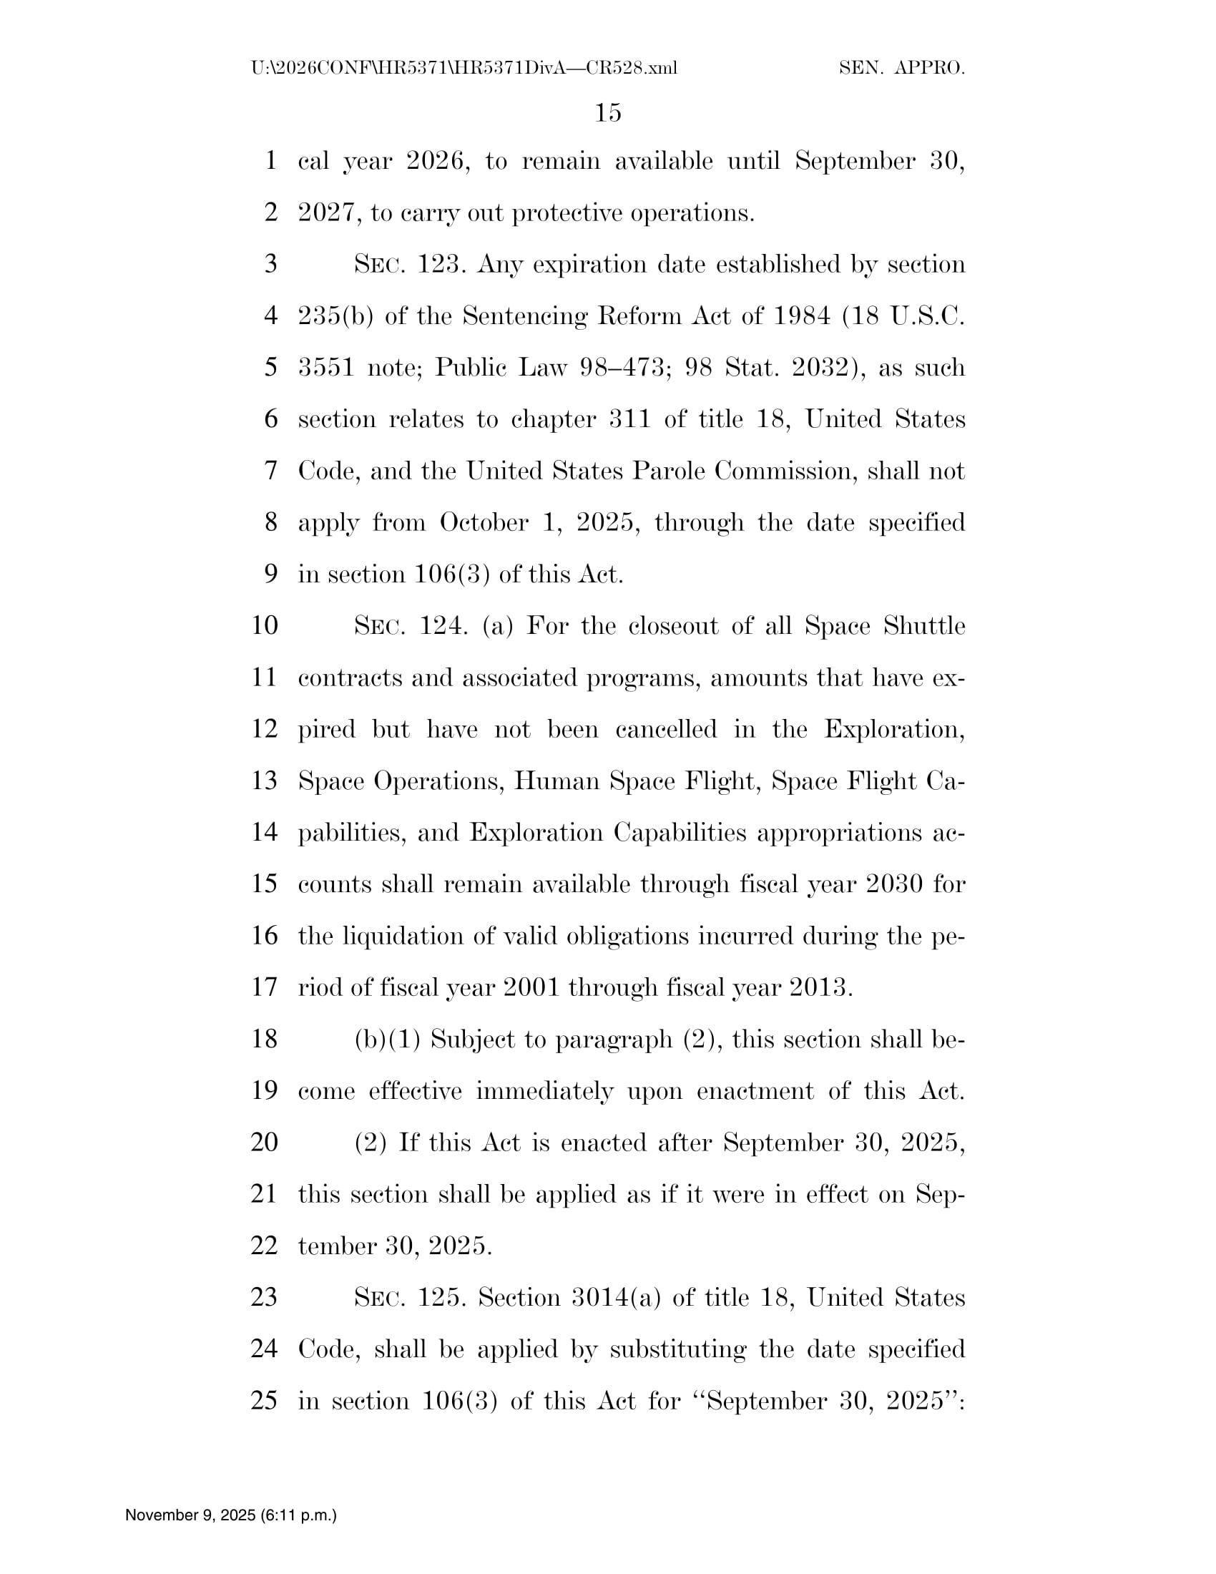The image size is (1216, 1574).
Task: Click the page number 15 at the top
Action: click(608, 112)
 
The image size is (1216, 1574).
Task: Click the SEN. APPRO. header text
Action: click(901, 69)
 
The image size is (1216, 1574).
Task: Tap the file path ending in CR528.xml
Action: click(464, 69)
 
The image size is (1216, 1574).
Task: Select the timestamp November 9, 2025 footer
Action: click(230, 1515)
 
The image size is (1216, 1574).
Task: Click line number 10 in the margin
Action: click(265, 625)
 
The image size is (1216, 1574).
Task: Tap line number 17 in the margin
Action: click(265, 987)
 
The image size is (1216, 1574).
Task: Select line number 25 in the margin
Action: click(265, 1400)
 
